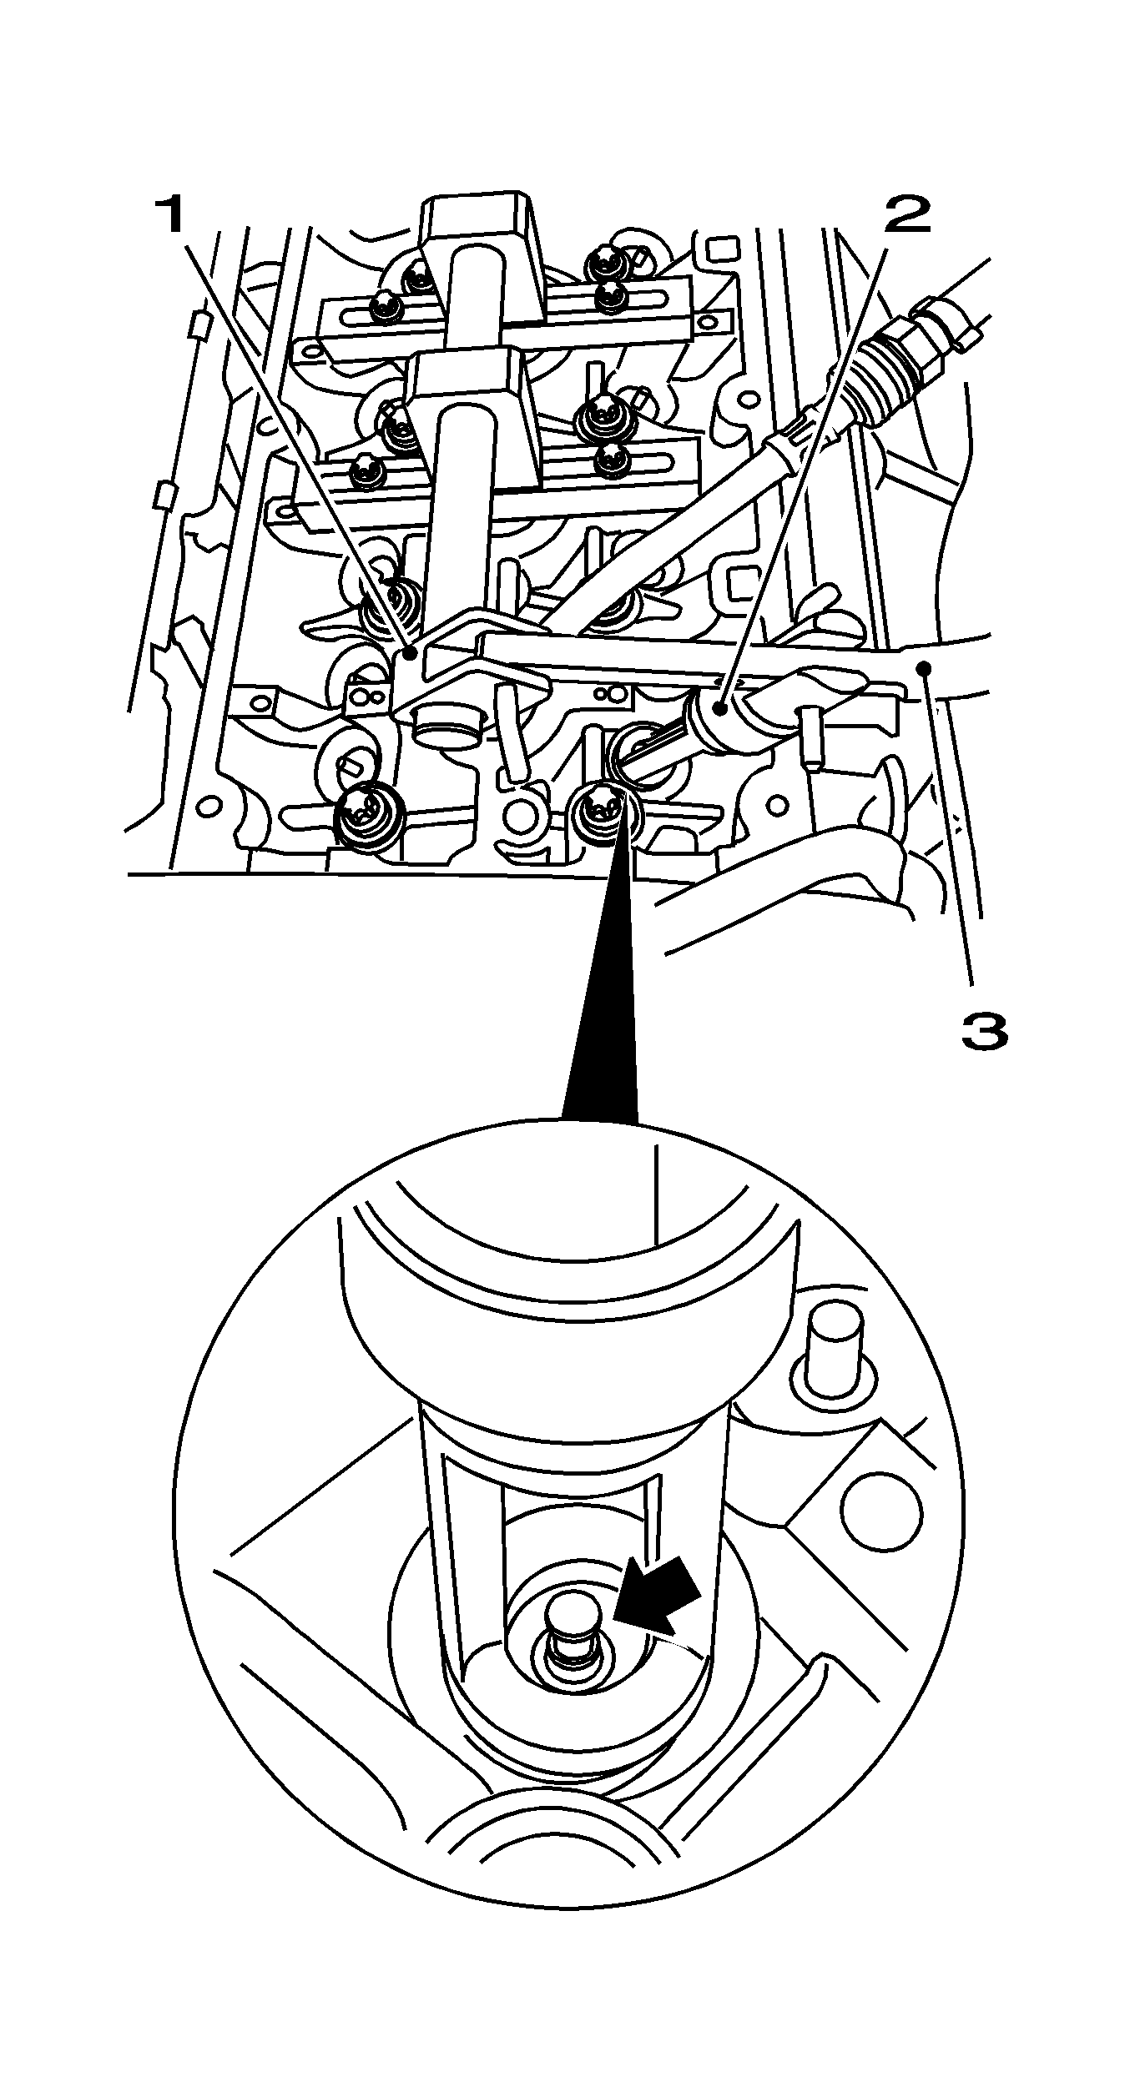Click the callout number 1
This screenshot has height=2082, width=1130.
(x=172, y=215)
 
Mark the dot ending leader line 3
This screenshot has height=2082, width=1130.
(x=924, y=665)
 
